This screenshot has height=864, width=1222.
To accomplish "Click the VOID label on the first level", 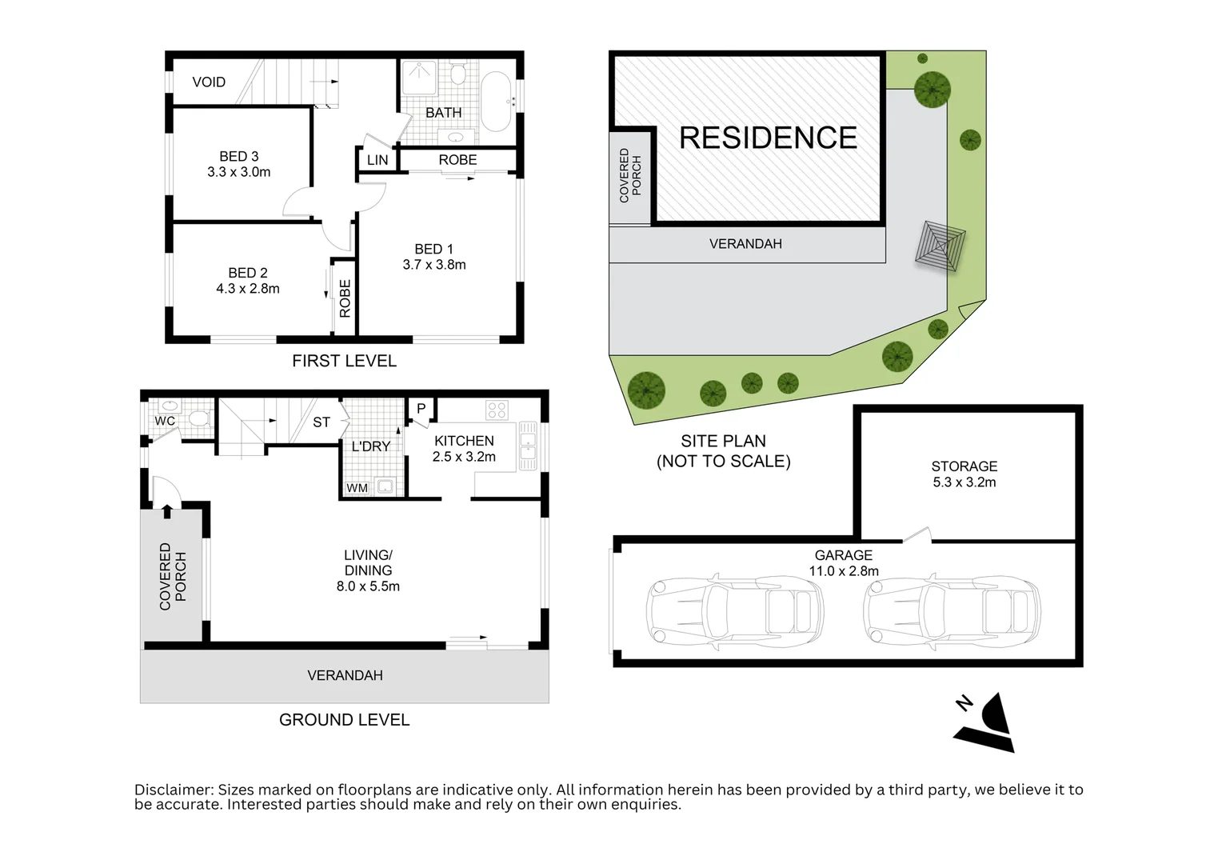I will [x=209, y=82].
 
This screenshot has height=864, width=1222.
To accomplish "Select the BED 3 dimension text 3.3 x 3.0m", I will [x=238, y=172].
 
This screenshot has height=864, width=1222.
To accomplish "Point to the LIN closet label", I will [x=377, y=160].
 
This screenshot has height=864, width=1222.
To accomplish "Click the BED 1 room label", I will [x=433, y=249].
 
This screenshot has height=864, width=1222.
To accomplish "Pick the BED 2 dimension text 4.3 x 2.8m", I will [x=248, y=289].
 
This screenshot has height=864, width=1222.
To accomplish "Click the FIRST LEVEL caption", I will [x=344, y=361].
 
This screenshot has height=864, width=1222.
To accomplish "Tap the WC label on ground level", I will [x=165, y=421].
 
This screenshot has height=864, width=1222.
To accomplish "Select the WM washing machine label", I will [x=357, y=488].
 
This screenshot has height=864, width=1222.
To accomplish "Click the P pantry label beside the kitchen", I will [x=421, y=409].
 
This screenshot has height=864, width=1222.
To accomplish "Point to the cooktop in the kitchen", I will [x=497, y=410].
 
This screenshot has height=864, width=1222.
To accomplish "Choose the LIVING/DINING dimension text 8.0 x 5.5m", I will [x=368, y=586].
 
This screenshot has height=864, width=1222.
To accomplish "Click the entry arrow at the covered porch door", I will [x=167, y=511].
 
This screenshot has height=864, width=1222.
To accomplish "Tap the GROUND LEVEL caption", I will [x=344, y=720].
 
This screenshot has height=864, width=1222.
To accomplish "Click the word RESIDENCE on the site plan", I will [x=768, y=138].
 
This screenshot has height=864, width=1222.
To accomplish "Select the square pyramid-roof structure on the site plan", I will [x=940, y=245].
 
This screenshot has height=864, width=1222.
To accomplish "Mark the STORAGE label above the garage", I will [x=964, y=466].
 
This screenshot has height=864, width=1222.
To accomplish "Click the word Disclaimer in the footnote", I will [x=174, y=790].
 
